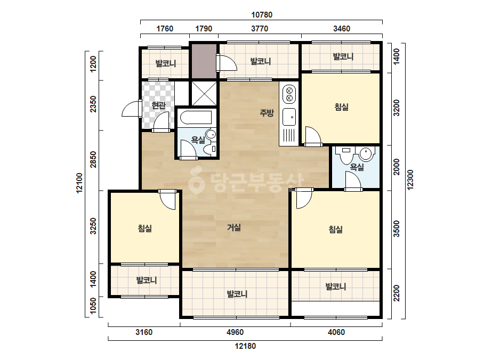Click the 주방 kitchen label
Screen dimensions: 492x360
click(267, 112)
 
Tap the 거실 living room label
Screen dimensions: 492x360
click(234, 227)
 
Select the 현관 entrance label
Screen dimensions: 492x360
click(158, 105)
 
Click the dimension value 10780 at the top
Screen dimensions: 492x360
click(262, 15)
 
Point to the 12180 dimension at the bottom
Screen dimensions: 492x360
click(245, 346)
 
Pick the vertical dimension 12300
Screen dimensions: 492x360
click(410, 179)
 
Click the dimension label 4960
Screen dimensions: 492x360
click(235, 332)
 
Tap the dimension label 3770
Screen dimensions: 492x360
click(260, 29)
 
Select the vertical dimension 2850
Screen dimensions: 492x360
click(93, 159)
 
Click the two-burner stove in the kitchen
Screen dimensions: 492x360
click(289, 95)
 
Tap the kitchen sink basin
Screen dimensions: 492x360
click(289, 117)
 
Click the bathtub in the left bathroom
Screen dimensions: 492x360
click(196, 118)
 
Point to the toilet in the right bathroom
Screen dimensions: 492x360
click(346, 155)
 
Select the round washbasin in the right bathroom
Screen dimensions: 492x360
click(366, 154)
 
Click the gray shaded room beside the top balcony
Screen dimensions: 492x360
click(204, 61)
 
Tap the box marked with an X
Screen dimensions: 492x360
click(204, 94)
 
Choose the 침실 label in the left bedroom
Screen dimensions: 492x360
click(144, 228)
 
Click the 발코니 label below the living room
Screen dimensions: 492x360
click(237, 294)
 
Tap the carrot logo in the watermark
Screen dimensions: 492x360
click(196, 181)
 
